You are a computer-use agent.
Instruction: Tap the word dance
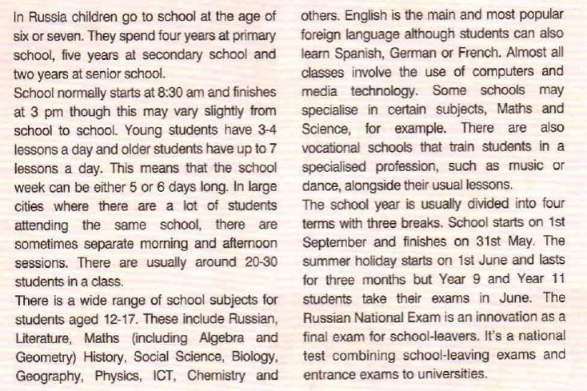click(x=320, y=183)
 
